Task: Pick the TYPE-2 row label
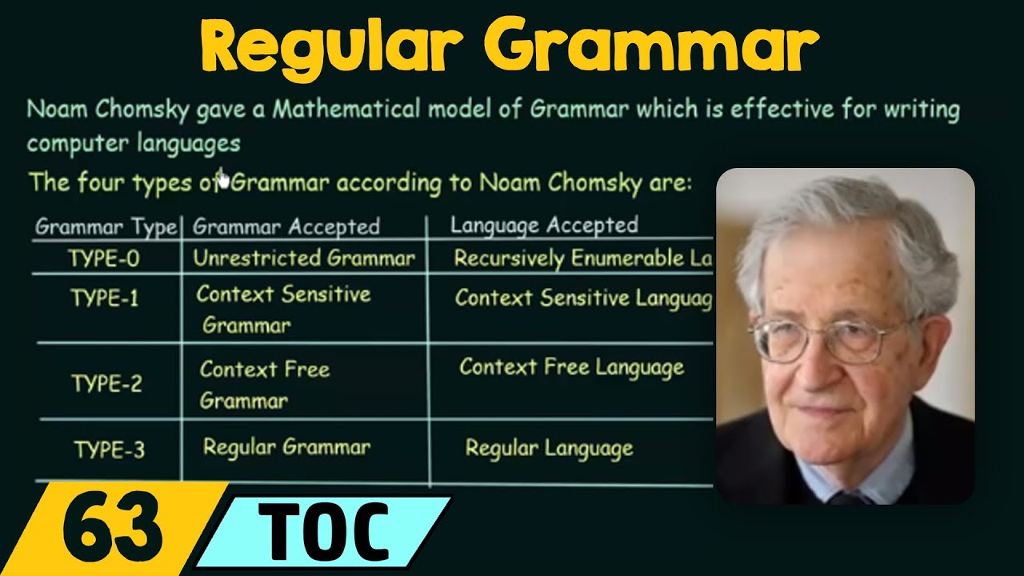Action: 106,384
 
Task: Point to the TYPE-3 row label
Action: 110,450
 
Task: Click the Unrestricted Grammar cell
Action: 304,258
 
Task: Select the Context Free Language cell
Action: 571,368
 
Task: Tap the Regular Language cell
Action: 549,448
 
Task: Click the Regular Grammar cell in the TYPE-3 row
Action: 286,447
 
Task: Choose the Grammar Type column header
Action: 106,227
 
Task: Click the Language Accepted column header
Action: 544,225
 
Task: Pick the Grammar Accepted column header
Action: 286,227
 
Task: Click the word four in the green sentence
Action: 101,182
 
